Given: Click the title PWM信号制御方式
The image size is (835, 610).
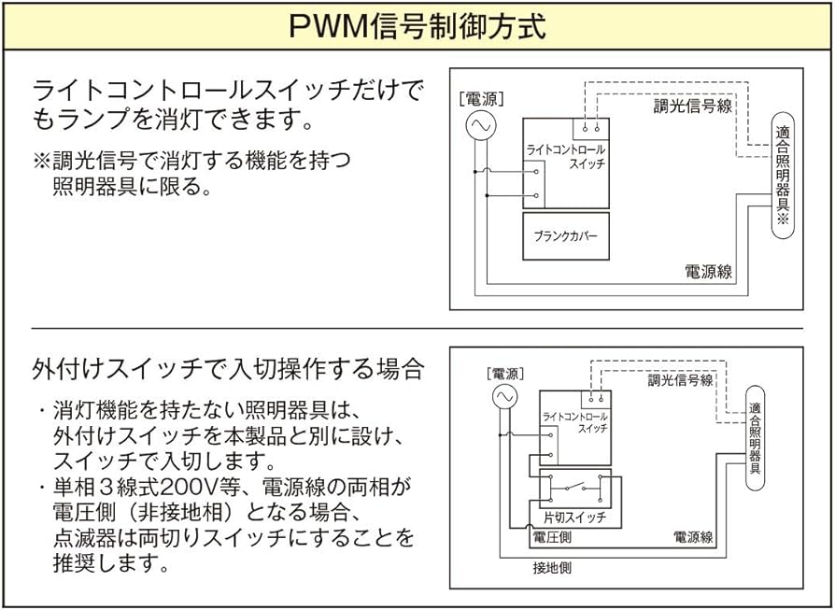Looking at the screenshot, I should click(x=417, y=25).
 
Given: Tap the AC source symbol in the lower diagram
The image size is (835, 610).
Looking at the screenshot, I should click(x=504, y=397).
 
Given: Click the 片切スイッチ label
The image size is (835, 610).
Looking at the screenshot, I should click(x=574, y=517).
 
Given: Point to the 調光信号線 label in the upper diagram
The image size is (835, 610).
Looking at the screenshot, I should click(x=692, y=106).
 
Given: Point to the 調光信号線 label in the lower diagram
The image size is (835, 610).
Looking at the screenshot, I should click(x=680, y=380).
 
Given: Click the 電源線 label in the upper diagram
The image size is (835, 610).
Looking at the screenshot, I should click(x=708, y=272).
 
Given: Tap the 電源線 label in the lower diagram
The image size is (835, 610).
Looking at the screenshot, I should click(x=693, y=537).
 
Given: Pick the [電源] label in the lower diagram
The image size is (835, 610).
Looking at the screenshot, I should click(x=505, y=374).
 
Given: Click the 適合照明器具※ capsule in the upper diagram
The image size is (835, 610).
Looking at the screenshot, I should click(x=783, y=177).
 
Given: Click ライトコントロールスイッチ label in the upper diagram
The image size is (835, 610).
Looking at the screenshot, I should click(x=566, y=156).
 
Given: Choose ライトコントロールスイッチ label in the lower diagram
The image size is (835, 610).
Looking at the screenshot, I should click(x=574, y=420).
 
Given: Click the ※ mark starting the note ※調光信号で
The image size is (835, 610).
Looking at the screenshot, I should click(x=42, y=160).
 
